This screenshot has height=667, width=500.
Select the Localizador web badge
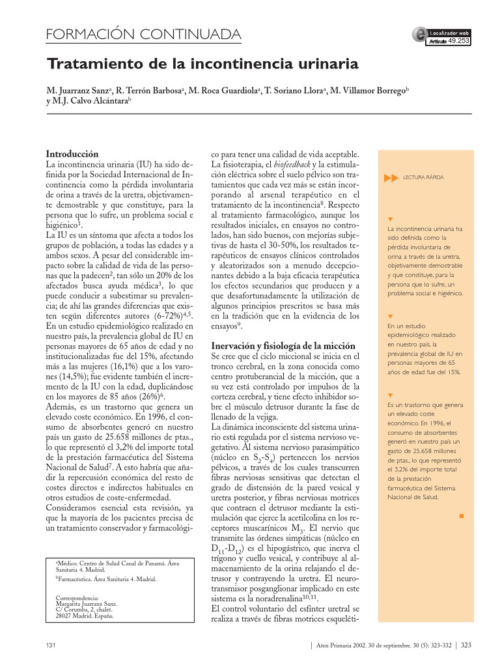tap(448, 32)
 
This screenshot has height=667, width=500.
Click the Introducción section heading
tap(72, 154)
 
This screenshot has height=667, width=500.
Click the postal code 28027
tap(63, 616)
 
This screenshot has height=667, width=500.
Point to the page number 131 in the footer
tap(51, 646)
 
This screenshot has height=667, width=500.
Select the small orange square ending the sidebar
tap(461, 516)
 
